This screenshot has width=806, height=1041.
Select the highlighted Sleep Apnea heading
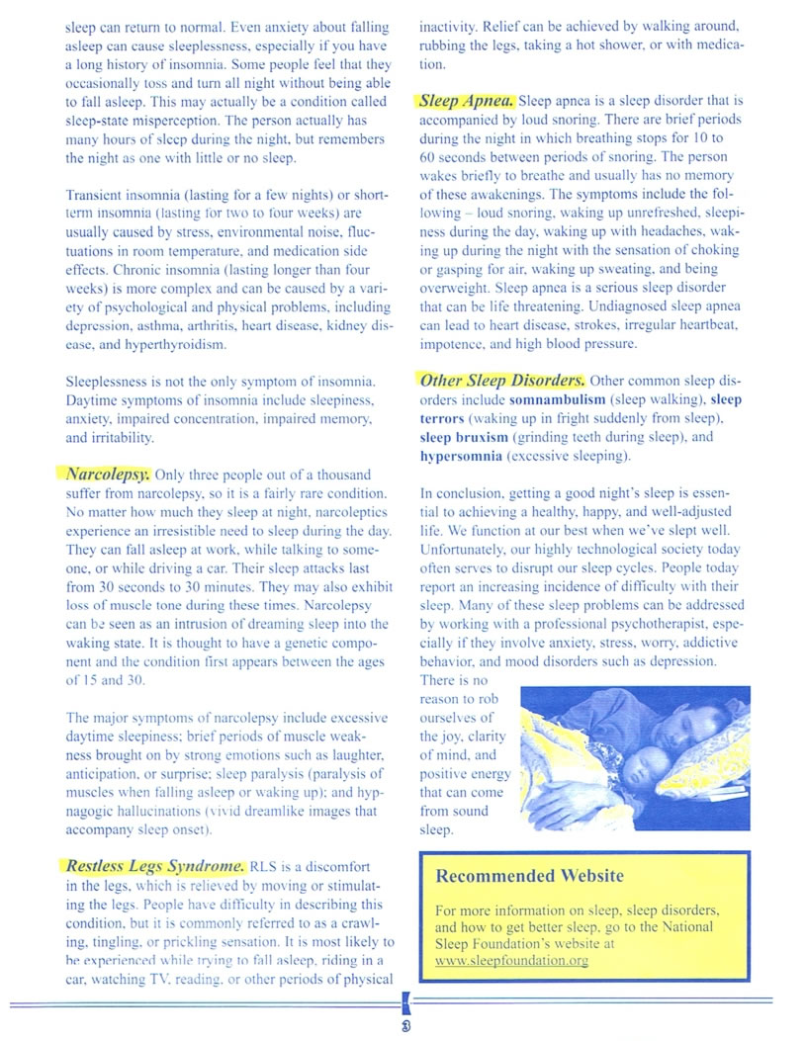(467, 100)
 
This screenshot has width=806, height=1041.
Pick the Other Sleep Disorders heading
(502, 381)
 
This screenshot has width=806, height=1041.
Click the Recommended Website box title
(530, 876)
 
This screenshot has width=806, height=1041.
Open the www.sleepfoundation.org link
(511, 960)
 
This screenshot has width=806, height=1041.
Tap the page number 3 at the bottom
(405, 1026)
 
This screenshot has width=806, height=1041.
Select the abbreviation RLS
(266, 867)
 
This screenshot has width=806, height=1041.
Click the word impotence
(454, 345)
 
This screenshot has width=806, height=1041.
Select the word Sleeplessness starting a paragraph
(110, 382)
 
